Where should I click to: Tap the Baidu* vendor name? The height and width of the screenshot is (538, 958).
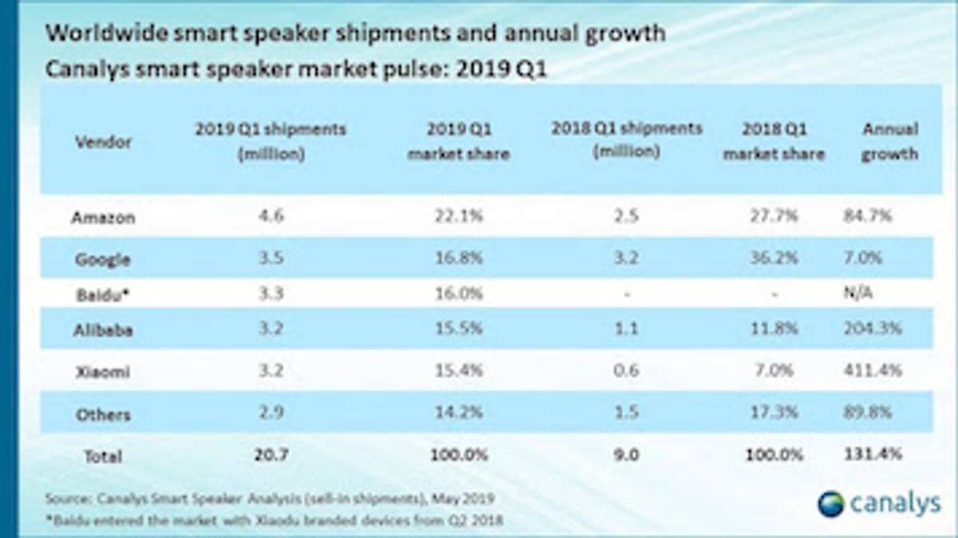pyautogui.click(x=102, y=294)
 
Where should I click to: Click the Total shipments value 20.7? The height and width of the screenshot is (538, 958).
pyautogui.click(x=271, y=455)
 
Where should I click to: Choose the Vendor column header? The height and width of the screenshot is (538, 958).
pyautogui.click(x=103, y=142)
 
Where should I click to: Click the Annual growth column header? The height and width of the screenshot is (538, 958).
pyautogui.click(x=889, y=141)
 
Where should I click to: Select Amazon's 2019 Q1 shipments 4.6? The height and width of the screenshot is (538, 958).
pyautogui.click(x=271, y=217)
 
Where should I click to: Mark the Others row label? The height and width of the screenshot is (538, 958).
pyautogui.click(x=102, y=415)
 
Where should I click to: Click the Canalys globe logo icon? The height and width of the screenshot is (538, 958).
pyautogui.click(x=830, y=504)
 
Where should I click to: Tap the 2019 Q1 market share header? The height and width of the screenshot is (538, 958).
pyautogui.click(x=458, y=141)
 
